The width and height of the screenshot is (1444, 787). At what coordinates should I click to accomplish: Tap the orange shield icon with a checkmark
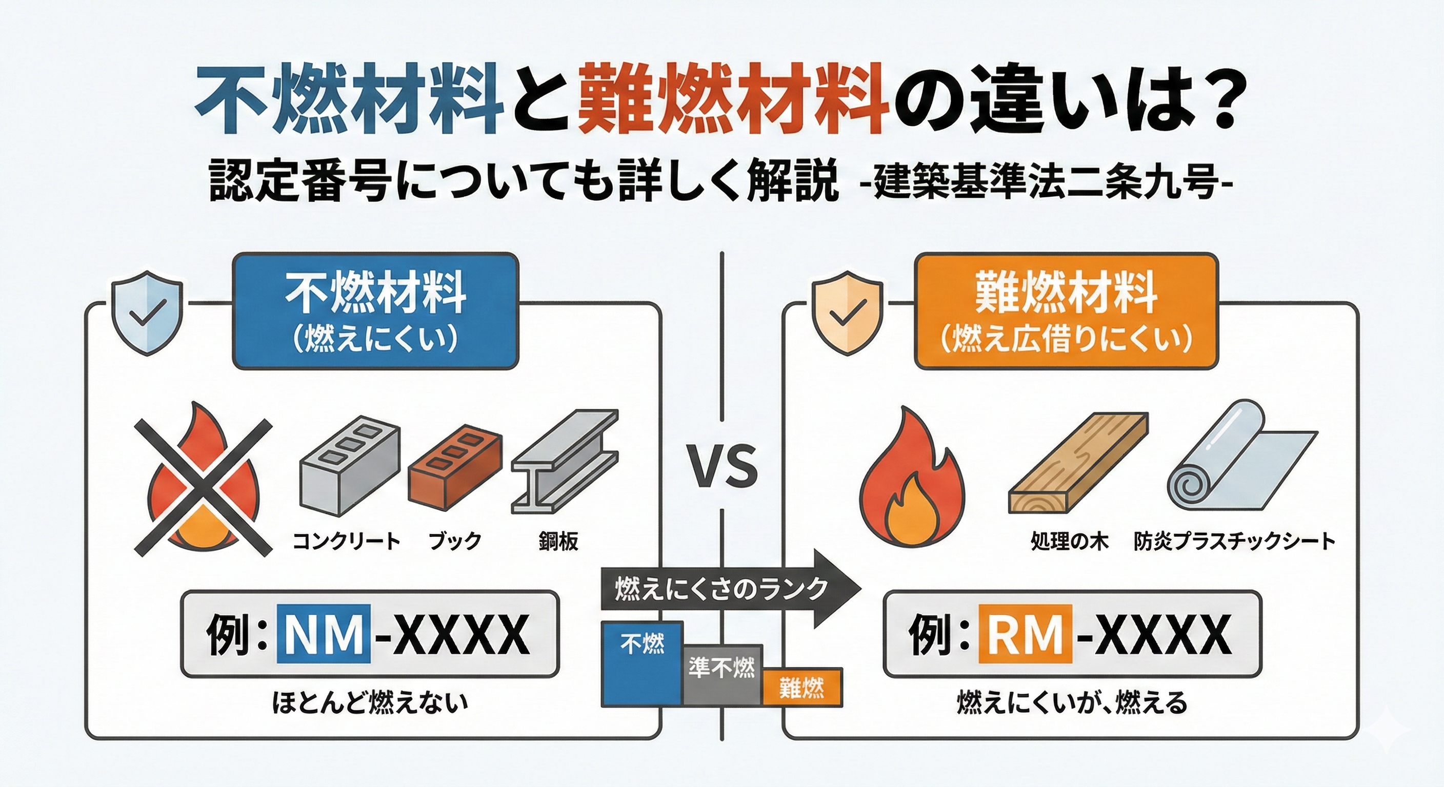848,314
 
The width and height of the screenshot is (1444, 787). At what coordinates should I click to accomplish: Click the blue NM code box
324,634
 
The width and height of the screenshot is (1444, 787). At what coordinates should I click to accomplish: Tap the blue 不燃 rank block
642,664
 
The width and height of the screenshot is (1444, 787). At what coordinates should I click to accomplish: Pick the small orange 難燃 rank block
801,687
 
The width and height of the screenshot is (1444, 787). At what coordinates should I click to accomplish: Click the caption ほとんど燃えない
370,702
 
